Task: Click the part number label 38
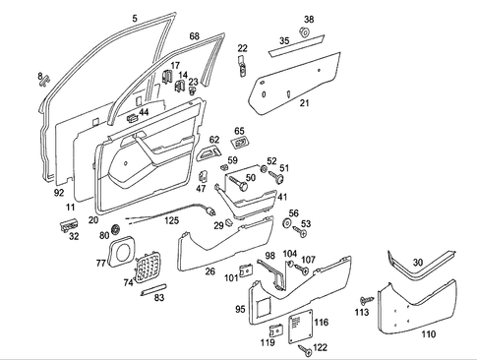(x=309, y=20)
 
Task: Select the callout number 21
(x=304, y=102)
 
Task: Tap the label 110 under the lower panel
(x=428, y=333)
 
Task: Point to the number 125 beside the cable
(x=172, y=220)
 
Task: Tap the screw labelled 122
(x=304, y=347)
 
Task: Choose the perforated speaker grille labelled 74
(x=147, y=266)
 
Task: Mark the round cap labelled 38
(x=305, y=33)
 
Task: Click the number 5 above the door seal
(x=135, y=18)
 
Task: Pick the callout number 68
(x=194, y=36)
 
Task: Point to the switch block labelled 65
(x=243, y=145)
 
